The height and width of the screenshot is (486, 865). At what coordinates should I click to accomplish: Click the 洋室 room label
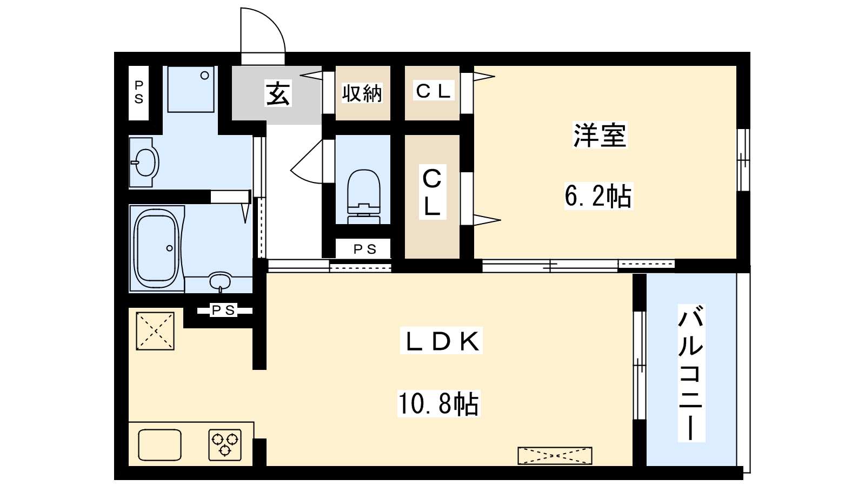(600, 135)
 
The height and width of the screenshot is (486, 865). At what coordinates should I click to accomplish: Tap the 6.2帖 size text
(598, 196)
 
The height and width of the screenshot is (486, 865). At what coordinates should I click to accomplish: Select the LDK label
(441, 341)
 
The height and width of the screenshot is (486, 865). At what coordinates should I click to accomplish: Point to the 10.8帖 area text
(438, 403)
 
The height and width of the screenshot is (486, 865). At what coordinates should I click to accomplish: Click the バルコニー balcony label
(691, 373)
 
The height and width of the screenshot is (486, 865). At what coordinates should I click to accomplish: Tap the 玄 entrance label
(278, 93)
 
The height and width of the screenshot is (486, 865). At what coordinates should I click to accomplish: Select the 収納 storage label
(362, 93)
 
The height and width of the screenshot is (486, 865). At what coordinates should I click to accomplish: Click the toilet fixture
(363, 197)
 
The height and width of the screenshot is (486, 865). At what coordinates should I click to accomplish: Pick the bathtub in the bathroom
(156, 248)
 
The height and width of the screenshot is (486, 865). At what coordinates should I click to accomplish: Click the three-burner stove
(225, 445)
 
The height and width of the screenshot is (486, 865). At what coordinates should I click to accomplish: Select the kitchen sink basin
(160, 445)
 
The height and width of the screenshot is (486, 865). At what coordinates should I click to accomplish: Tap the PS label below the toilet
(365, 249)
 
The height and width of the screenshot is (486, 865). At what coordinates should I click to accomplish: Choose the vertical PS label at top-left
(138, 92)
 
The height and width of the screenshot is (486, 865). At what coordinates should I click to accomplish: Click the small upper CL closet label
(433, 91)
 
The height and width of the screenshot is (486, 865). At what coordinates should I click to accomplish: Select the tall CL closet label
(432, 192)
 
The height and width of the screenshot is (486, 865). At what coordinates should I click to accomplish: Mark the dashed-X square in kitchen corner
(155, 331)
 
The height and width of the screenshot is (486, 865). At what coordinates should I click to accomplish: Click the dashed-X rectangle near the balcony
(555, 456)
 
